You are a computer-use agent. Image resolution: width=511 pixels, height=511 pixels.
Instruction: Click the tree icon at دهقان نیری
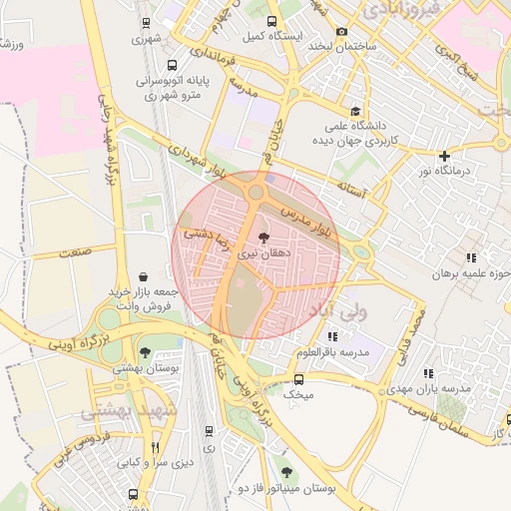tap(263, 238)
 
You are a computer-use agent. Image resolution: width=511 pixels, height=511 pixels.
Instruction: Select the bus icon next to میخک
tap(297, 379)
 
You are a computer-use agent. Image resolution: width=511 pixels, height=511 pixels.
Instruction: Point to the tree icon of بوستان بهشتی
tap(147, 352)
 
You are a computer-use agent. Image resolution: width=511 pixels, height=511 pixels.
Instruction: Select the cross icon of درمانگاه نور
tap(444, 156)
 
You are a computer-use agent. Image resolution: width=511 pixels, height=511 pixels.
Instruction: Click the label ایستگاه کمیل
tap(268, 35)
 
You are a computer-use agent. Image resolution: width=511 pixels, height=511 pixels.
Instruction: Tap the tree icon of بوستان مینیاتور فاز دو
tap(287, 471)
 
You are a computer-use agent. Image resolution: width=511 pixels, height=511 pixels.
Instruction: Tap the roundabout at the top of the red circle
tap(256, 192)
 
